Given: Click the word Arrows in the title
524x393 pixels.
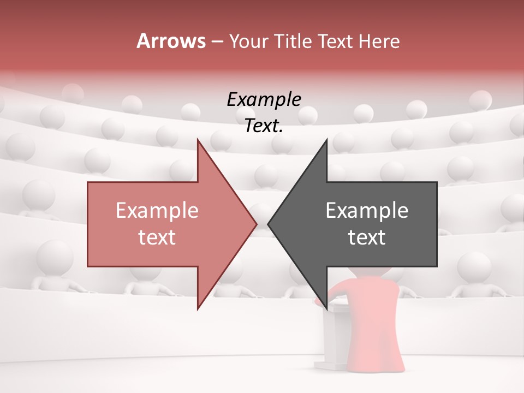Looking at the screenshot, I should (171, 41).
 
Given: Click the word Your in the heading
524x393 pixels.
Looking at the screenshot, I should (248, 41).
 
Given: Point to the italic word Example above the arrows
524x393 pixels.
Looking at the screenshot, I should (264, 100).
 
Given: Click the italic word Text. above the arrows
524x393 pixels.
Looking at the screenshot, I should (264, 126).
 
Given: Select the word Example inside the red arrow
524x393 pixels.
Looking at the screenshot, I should (157, 210).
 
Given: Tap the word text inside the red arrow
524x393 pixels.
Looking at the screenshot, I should (157, 237).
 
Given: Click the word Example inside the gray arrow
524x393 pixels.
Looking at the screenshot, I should (367, 210).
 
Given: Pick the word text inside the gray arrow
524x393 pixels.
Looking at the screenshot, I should (367, 237).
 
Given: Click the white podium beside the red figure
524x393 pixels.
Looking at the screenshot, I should (337, 338).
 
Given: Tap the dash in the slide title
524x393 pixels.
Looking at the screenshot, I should (217, 41).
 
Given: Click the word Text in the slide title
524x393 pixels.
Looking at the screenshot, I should (337, 41).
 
